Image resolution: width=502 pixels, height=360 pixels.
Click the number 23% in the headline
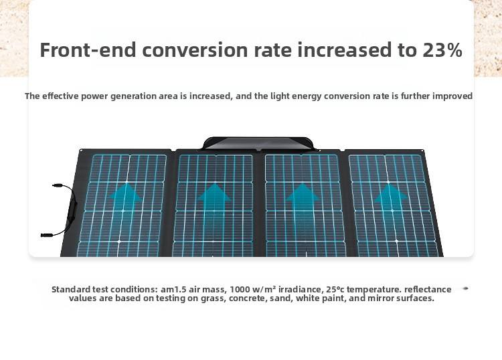(442, 50)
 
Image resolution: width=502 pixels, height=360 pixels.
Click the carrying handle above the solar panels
(258, 143)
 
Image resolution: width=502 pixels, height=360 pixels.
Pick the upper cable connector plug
(57, 185)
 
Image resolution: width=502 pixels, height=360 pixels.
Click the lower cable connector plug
(47, 235)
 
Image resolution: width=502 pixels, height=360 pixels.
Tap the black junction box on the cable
(73, 209)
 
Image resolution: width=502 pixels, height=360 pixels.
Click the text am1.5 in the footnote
(172, 290)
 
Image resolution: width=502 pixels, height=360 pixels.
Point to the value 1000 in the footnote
(240, 290)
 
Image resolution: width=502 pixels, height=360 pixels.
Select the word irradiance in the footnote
(300, 290)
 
